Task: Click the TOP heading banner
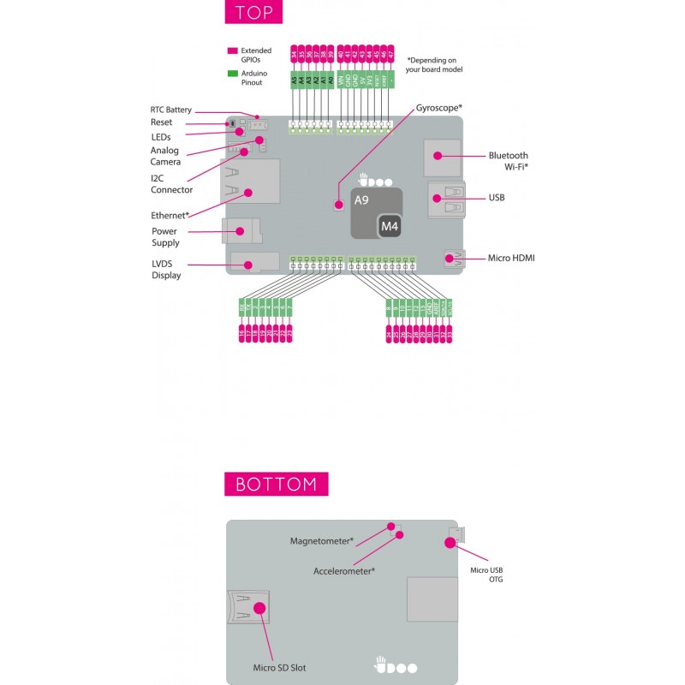(253, 14)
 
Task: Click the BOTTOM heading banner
(276, 484)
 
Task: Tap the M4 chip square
(390, 225)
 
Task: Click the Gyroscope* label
(439, 108)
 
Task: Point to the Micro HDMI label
(511, 257)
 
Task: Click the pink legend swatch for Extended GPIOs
(232, 51)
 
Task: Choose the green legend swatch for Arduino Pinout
(232, 74)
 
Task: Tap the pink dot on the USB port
(437, 199)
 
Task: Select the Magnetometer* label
(322, 541)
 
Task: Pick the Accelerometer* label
(344, 570)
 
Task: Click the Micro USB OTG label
(486, 575)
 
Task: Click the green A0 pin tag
(331, 81)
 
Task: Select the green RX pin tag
(242, 306)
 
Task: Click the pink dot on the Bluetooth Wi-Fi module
(437, 156)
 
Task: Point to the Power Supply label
(165, 237)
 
